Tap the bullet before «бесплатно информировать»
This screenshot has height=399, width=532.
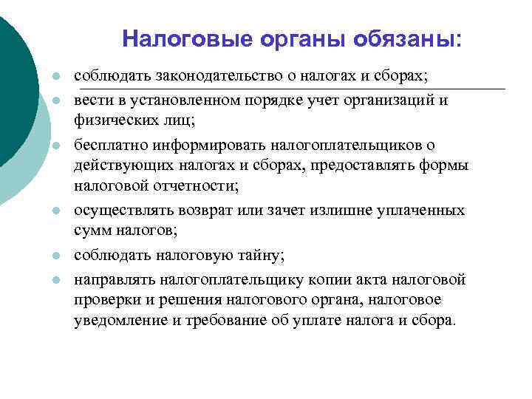[55, 146]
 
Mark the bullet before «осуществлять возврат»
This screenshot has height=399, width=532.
[55, 211]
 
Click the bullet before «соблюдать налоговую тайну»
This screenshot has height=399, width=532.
[55, 256]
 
